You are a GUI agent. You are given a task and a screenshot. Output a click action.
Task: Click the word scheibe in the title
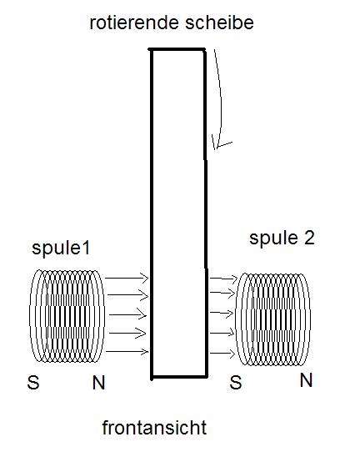(219, 23)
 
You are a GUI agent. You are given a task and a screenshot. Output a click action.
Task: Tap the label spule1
(61, 249)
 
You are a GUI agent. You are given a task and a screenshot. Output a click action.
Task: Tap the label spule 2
(282, 239)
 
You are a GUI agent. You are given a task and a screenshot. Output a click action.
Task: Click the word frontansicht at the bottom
(154, 428)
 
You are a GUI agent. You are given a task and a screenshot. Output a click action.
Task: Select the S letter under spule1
(33, 383)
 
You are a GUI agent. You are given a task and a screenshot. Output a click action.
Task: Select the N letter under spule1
(99, 383)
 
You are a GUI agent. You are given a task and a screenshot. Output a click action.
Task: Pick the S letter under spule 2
(235, 383)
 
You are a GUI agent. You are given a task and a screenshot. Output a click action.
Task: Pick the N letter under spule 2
(306, 380)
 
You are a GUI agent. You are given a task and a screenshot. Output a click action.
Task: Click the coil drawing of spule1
(67, 316)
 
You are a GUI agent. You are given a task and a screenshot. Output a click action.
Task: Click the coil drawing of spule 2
(272, 319)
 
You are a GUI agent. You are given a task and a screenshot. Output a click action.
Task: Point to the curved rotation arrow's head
(217, 145)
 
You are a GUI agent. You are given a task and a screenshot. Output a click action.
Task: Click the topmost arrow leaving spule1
(127, 279)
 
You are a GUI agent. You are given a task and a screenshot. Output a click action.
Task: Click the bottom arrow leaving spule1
(127, 352)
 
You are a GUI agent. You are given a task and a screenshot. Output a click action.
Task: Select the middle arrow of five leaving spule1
(128, 315)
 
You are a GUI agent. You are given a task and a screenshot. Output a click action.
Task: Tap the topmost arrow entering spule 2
(223, 279)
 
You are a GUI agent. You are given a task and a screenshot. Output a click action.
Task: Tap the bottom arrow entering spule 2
(222, 354)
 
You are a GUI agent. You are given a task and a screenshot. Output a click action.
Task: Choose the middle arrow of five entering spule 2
(222, 313)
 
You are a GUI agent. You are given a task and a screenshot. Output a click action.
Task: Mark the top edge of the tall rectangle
(177, 49)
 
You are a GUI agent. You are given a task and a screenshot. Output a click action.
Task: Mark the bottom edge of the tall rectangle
(179, 377)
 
